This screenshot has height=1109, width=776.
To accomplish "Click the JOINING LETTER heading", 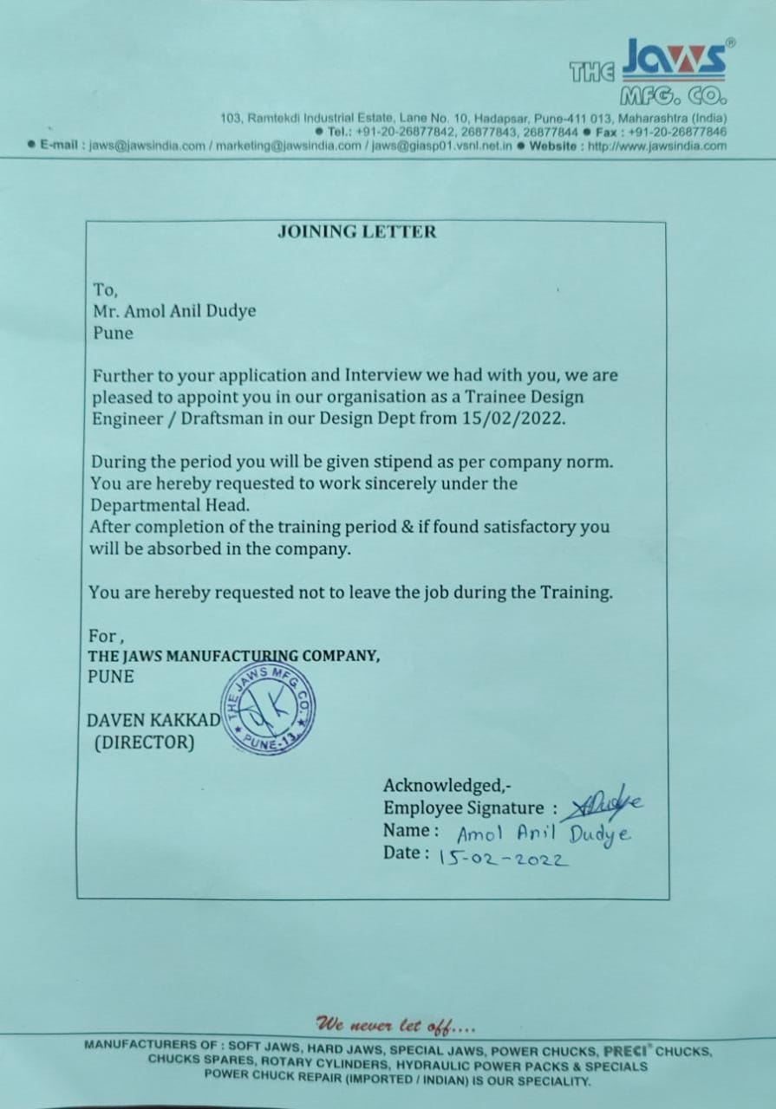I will click(356, 231).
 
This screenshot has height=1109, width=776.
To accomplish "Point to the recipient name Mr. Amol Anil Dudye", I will click(174, 311).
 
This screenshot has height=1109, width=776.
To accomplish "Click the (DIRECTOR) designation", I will click(144, 743).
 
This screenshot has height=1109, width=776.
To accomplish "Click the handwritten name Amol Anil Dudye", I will click(544, 834).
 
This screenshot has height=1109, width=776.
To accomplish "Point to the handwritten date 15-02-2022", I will click(503, 859).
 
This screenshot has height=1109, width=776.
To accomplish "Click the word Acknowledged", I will click(443, 786).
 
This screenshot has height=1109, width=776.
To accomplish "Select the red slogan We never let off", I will click(395, 1025).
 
